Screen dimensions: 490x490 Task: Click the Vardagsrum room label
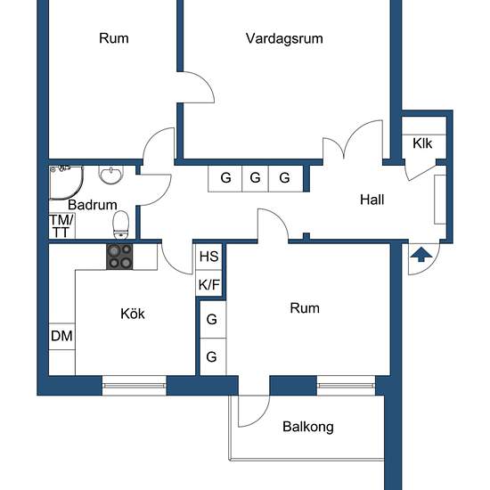(x=284, y=39)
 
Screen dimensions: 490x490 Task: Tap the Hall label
(x=372, y=200)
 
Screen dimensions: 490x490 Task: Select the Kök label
(x=133, y=314)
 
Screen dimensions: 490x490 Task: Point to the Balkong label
(x=308, y=427)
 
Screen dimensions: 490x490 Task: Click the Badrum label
(x=93, y=205)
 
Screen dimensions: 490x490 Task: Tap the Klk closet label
(x=422, y=143)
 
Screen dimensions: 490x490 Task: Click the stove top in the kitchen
(x=119, y=257)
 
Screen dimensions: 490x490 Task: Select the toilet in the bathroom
(x=121, y=225)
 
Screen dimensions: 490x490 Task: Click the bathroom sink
(x=111, y=175)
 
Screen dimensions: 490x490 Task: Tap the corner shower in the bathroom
(x=66, y=183)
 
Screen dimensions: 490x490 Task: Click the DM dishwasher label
(x=61, y=336)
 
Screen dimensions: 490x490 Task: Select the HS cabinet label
(x=208, y=257)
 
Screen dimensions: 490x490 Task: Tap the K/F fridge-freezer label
(x=208, y=285)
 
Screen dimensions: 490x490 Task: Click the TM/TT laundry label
(x=61, y=226)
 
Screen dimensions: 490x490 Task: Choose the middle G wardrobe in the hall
(x=255, y=178)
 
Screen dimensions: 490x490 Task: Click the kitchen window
(x=134, y=386)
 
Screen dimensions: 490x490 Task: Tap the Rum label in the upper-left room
(x=114, y=38)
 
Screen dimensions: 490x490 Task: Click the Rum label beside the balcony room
(x=305, y=308)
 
